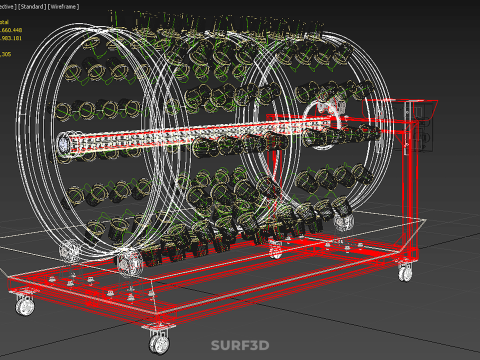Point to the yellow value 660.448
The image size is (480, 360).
(x=10, y=30)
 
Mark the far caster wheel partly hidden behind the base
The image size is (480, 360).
(x=68, y=251)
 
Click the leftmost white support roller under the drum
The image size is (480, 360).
(x=69, y=251)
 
